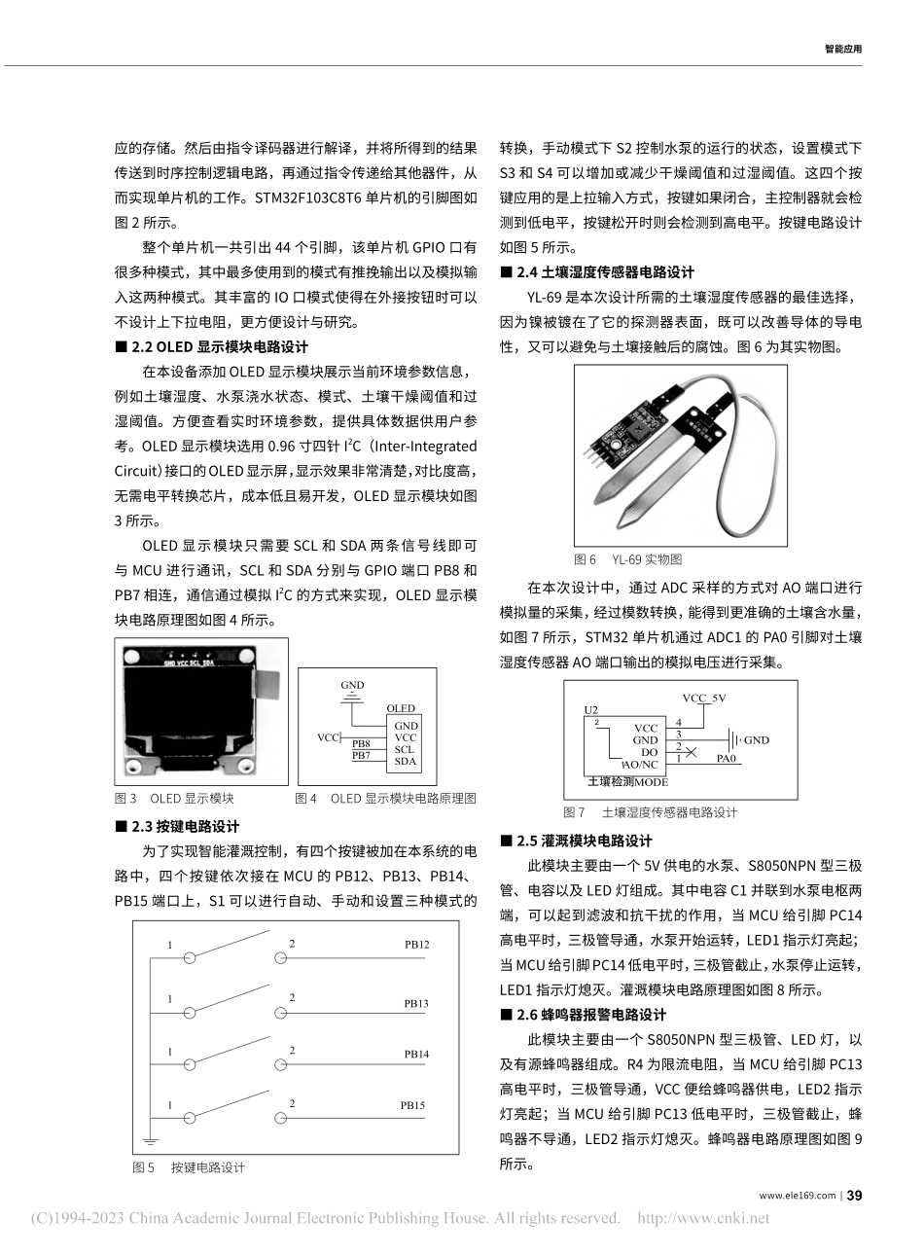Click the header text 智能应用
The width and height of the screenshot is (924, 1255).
[842, 48]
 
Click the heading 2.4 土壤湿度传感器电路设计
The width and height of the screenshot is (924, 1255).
[603, 272]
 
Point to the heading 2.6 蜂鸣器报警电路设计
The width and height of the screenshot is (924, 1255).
[589, 1014]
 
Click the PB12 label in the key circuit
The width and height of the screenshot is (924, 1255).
[415, 944]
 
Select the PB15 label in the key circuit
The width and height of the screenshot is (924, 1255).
[412, 1105]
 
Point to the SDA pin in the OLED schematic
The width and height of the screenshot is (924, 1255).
[405, 762]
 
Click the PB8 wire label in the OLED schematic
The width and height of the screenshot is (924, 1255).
[361, 743]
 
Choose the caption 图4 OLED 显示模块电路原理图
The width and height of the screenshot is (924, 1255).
[385, 798]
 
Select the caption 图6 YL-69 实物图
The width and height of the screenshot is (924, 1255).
[628, 559]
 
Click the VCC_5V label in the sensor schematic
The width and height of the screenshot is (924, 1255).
[703, 698]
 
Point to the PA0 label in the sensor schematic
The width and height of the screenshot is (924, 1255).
[727, 757]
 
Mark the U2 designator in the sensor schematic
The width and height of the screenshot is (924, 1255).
[591, 710]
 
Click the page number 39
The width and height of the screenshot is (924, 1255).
[854, 1195]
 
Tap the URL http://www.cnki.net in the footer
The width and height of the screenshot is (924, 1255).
[702, 1217]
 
